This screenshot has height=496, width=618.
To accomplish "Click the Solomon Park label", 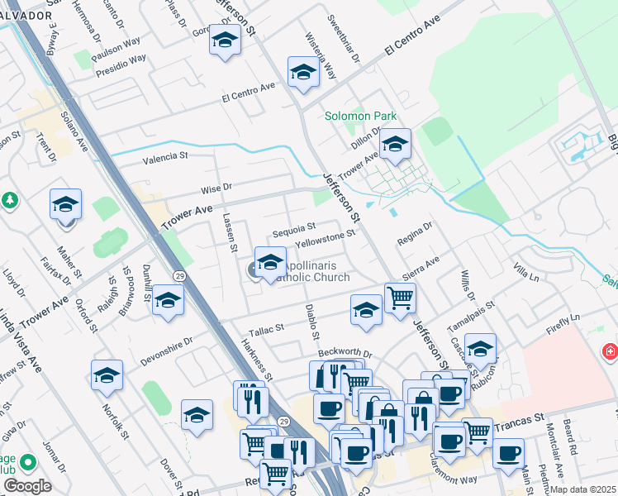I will pyautogui.click(x=360, y=117).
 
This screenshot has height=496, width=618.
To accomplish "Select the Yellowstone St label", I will pyautogui.click(x=326, y=239).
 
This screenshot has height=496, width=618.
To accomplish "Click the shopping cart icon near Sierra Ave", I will pyautogui.click(x=400, y=298).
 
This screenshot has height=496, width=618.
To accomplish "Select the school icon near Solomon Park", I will pyautogui.click(x=395, y=146).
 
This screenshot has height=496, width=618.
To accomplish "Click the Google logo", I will pyautogui.click(x=27, y=486).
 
